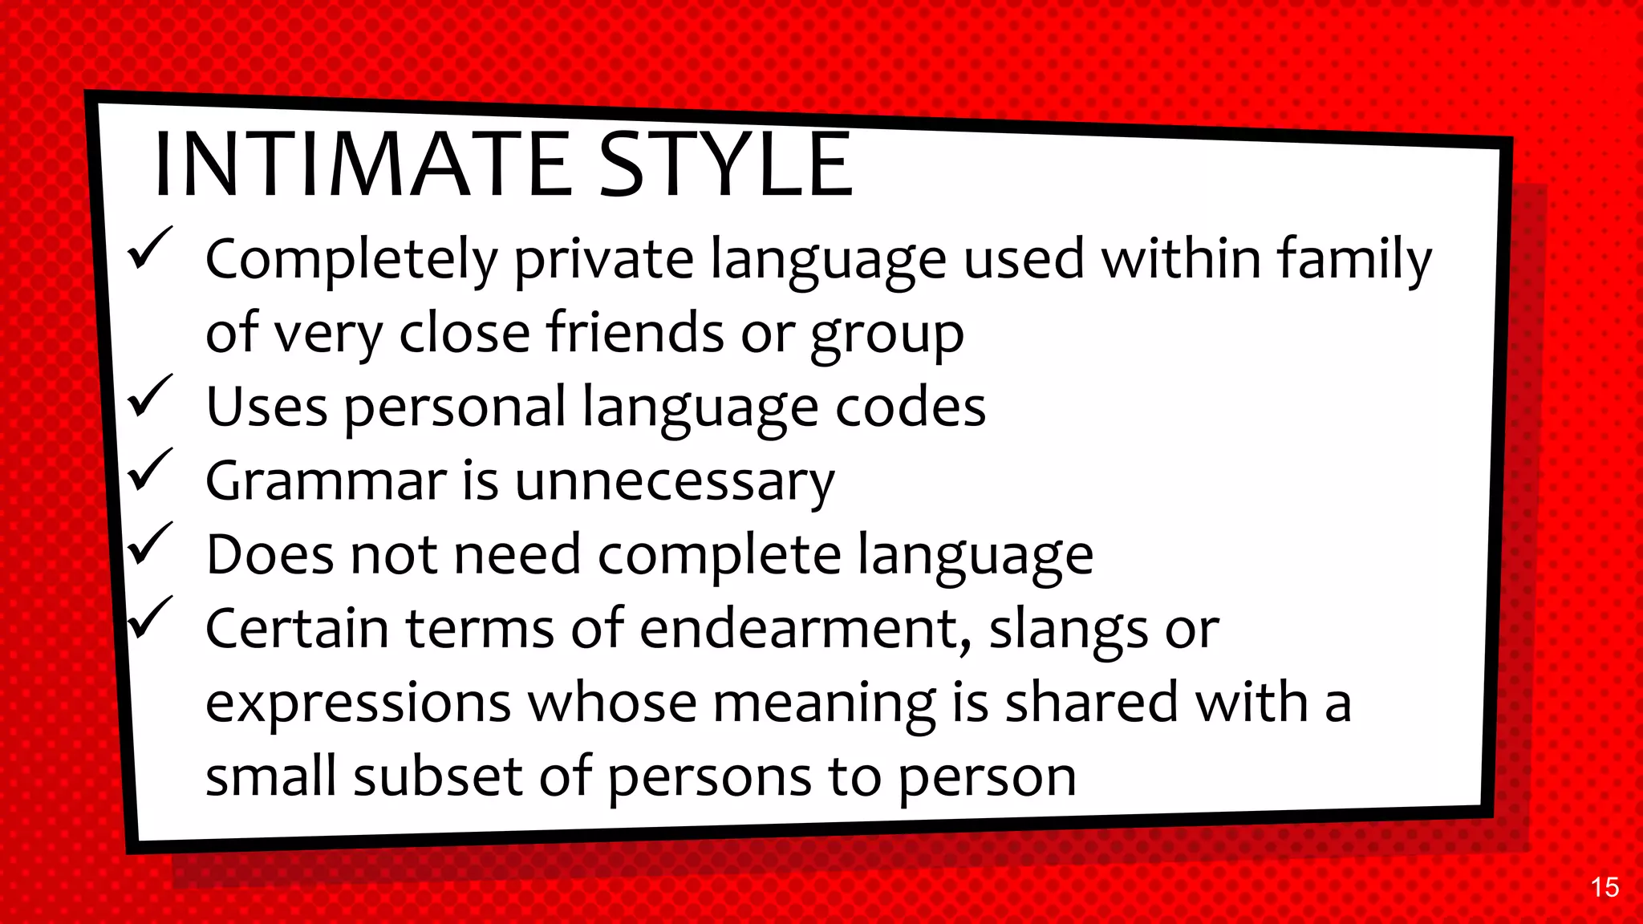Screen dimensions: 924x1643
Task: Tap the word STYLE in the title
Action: (x=725, y=165)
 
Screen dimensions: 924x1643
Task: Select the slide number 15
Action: (x=1604, y=887)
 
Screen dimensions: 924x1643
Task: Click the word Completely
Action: (x=351, y=261)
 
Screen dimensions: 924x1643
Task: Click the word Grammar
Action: (x=325, y=481)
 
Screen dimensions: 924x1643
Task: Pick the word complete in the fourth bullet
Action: (x=719, y=555)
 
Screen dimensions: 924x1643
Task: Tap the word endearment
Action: (x=805, y=628)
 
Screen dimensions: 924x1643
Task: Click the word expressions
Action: (x=358, y=703)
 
